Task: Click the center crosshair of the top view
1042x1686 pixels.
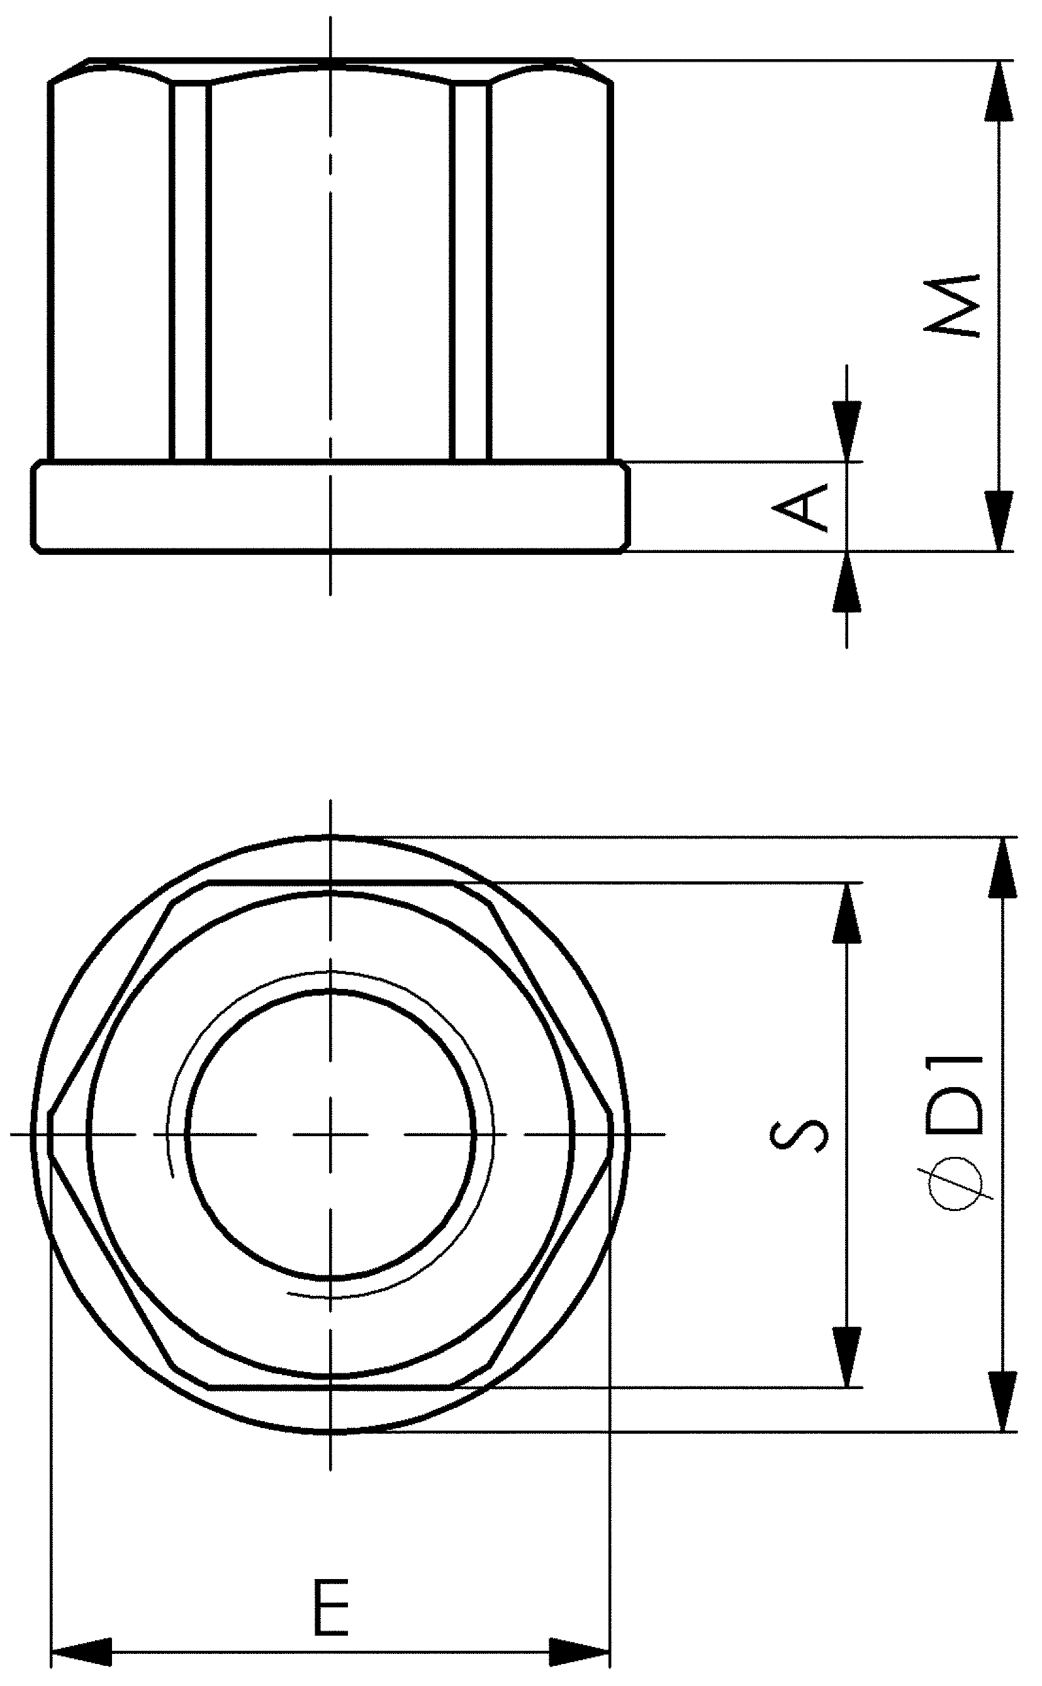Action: pos(331,1134)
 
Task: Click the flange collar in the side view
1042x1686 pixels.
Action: pos(331,506)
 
